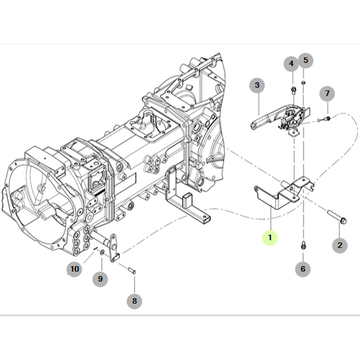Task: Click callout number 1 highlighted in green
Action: click(270, 238)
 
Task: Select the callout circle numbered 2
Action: click(340, 245)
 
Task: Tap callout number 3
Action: click(257, 85)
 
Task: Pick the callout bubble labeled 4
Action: click(291, 64)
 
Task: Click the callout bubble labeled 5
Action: click(305, 60)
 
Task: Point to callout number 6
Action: click(303, 269)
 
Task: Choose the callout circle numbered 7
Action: click(327, 93)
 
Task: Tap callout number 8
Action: click(134, 301)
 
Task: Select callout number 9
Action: click(100, 279)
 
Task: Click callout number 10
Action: click(75, 269)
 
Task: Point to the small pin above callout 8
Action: click(132, 271)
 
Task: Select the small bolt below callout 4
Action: click(293, 91)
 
